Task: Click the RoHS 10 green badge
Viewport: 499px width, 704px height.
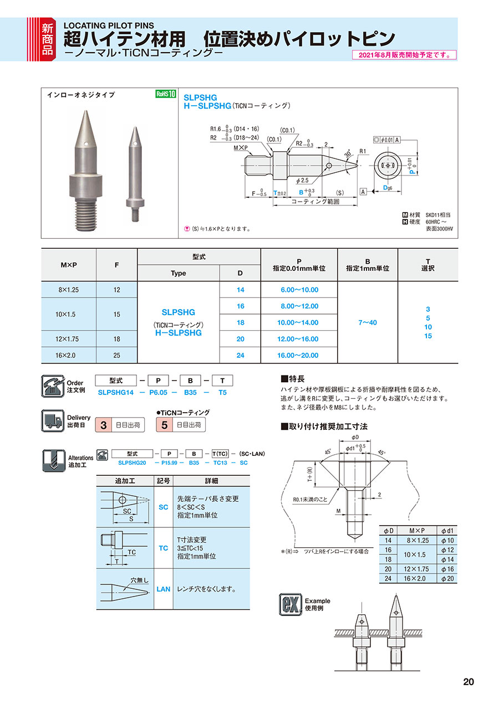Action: (165, 94)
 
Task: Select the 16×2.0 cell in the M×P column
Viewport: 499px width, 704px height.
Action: (69, 355)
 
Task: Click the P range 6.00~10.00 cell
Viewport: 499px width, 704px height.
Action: (299, 290)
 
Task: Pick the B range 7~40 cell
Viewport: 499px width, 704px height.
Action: (368, 322)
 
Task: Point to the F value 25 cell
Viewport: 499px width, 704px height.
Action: (117, 355)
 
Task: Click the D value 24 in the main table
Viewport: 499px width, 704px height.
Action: (240, 355)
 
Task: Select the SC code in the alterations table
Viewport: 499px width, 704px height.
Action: (164, 507)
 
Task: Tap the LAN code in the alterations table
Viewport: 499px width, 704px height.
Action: (164, 589)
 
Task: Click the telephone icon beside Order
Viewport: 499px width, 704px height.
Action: (53, 386)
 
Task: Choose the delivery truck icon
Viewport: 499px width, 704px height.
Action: (53, 421)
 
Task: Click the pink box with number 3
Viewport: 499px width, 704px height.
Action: (103, 425)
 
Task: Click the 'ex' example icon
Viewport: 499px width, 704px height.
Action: (290, 604)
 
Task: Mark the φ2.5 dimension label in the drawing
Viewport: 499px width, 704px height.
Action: (303, 181)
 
